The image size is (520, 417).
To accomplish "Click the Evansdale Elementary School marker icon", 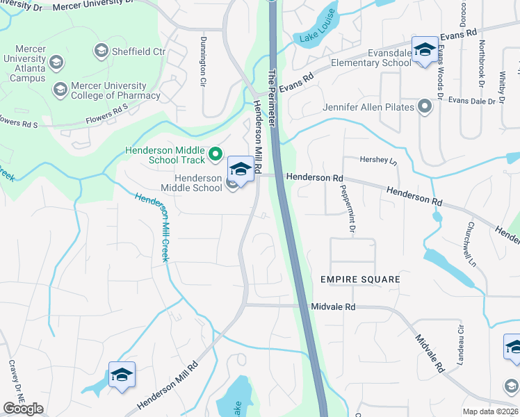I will (x=424, y=49).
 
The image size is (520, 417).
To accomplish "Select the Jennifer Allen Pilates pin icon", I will (x=424, y=107).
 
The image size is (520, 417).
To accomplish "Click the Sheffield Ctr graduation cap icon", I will (x=101, y=51).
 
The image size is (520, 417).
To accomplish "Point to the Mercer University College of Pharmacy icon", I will (x=60, y=89).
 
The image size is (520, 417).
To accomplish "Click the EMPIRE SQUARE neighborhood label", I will (x=360, y=279).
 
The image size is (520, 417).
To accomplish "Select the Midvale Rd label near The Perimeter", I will (x=333, y=306).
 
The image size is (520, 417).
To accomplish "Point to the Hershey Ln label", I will (x=377, y=161).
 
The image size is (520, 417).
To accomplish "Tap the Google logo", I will (x=23, y=409).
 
